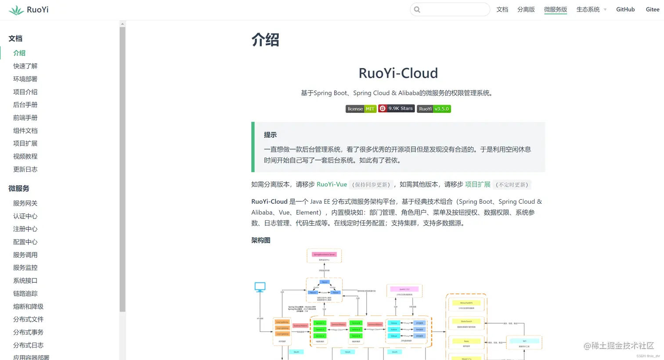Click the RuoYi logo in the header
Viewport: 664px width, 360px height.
point(29,10)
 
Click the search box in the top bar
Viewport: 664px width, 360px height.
point(450,10)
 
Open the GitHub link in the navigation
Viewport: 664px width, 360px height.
point(625,9)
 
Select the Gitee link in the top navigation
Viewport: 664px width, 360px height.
point(652,9)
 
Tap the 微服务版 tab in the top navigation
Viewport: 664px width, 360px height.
point(555,9)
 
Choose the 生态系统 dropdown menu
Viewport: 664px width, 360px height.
point(591,9)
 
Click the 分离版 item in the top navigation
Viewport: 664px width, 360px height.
point(526,9)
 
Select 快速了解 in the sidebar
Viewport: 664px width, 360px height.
point(25,66)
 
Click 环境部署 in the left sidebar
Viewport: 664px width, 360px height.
point(25,79)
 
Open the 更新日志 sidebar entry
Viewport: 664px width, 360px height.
point(25,169)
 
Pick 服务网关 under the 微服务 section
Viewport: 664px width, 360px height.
point(25,203)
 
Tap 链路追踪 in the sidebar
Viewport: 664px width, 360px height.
point(25,294)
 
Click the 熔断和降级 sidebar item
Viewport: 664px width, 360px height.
point(28,306)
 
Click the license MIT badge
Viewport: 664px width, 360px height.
point(361,109)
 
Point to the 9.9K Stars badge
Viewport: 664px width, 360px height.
point(397,108)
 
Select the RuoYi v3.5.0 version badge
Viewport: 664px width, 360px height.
point(433,109)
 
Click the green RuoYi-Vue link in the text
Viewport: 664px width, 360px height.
point(332,184)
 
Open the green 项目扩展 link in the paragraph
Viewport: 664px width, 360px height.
point(477,184)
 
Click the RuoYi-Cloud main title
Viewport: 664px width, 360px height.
point(398,73)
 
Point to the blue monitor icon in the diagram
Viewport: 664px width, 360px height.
point(260,287)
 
